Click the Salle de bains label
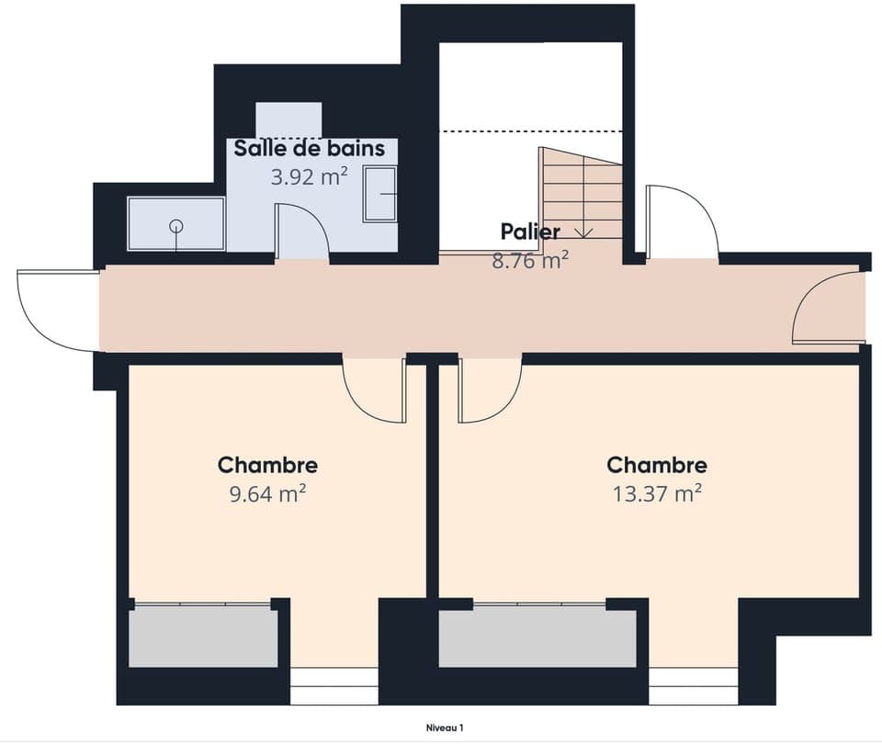pyautogui.click(x=308, y=148)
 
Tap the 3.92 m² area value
pyautogui.click(x=309, y=176)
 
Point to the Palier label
pyautogui.click(x=530, y=231)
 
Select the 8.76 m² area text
pyautogui.click(x=530, y=260)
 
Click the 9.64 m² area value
pyautogui.click(x=267, y=494)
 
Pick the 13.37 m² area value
pyautogui.click(x=657, y=494)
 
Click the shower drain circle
pyautogui.click(x=175, y=226)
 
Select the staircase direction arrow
pyautogui.click(x=582, y=231)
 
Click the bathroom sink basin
pyautogui.click(x=379, y=194)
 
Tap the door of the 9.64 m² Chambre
pyautogui.click(x=375, y=390)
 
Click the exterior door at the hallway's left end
pyautogui.click(x=57, y=310)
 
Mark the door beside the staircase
pyautogui.click(x=681, y=223)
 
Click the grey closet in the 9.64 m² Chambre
pyautogui.click(x=203, y=636)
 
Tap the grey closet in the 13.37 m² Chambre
pyautogui.click(x=537, y=636)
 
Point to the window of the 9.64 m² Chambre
pyautogui.click(x=334, y=686)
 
